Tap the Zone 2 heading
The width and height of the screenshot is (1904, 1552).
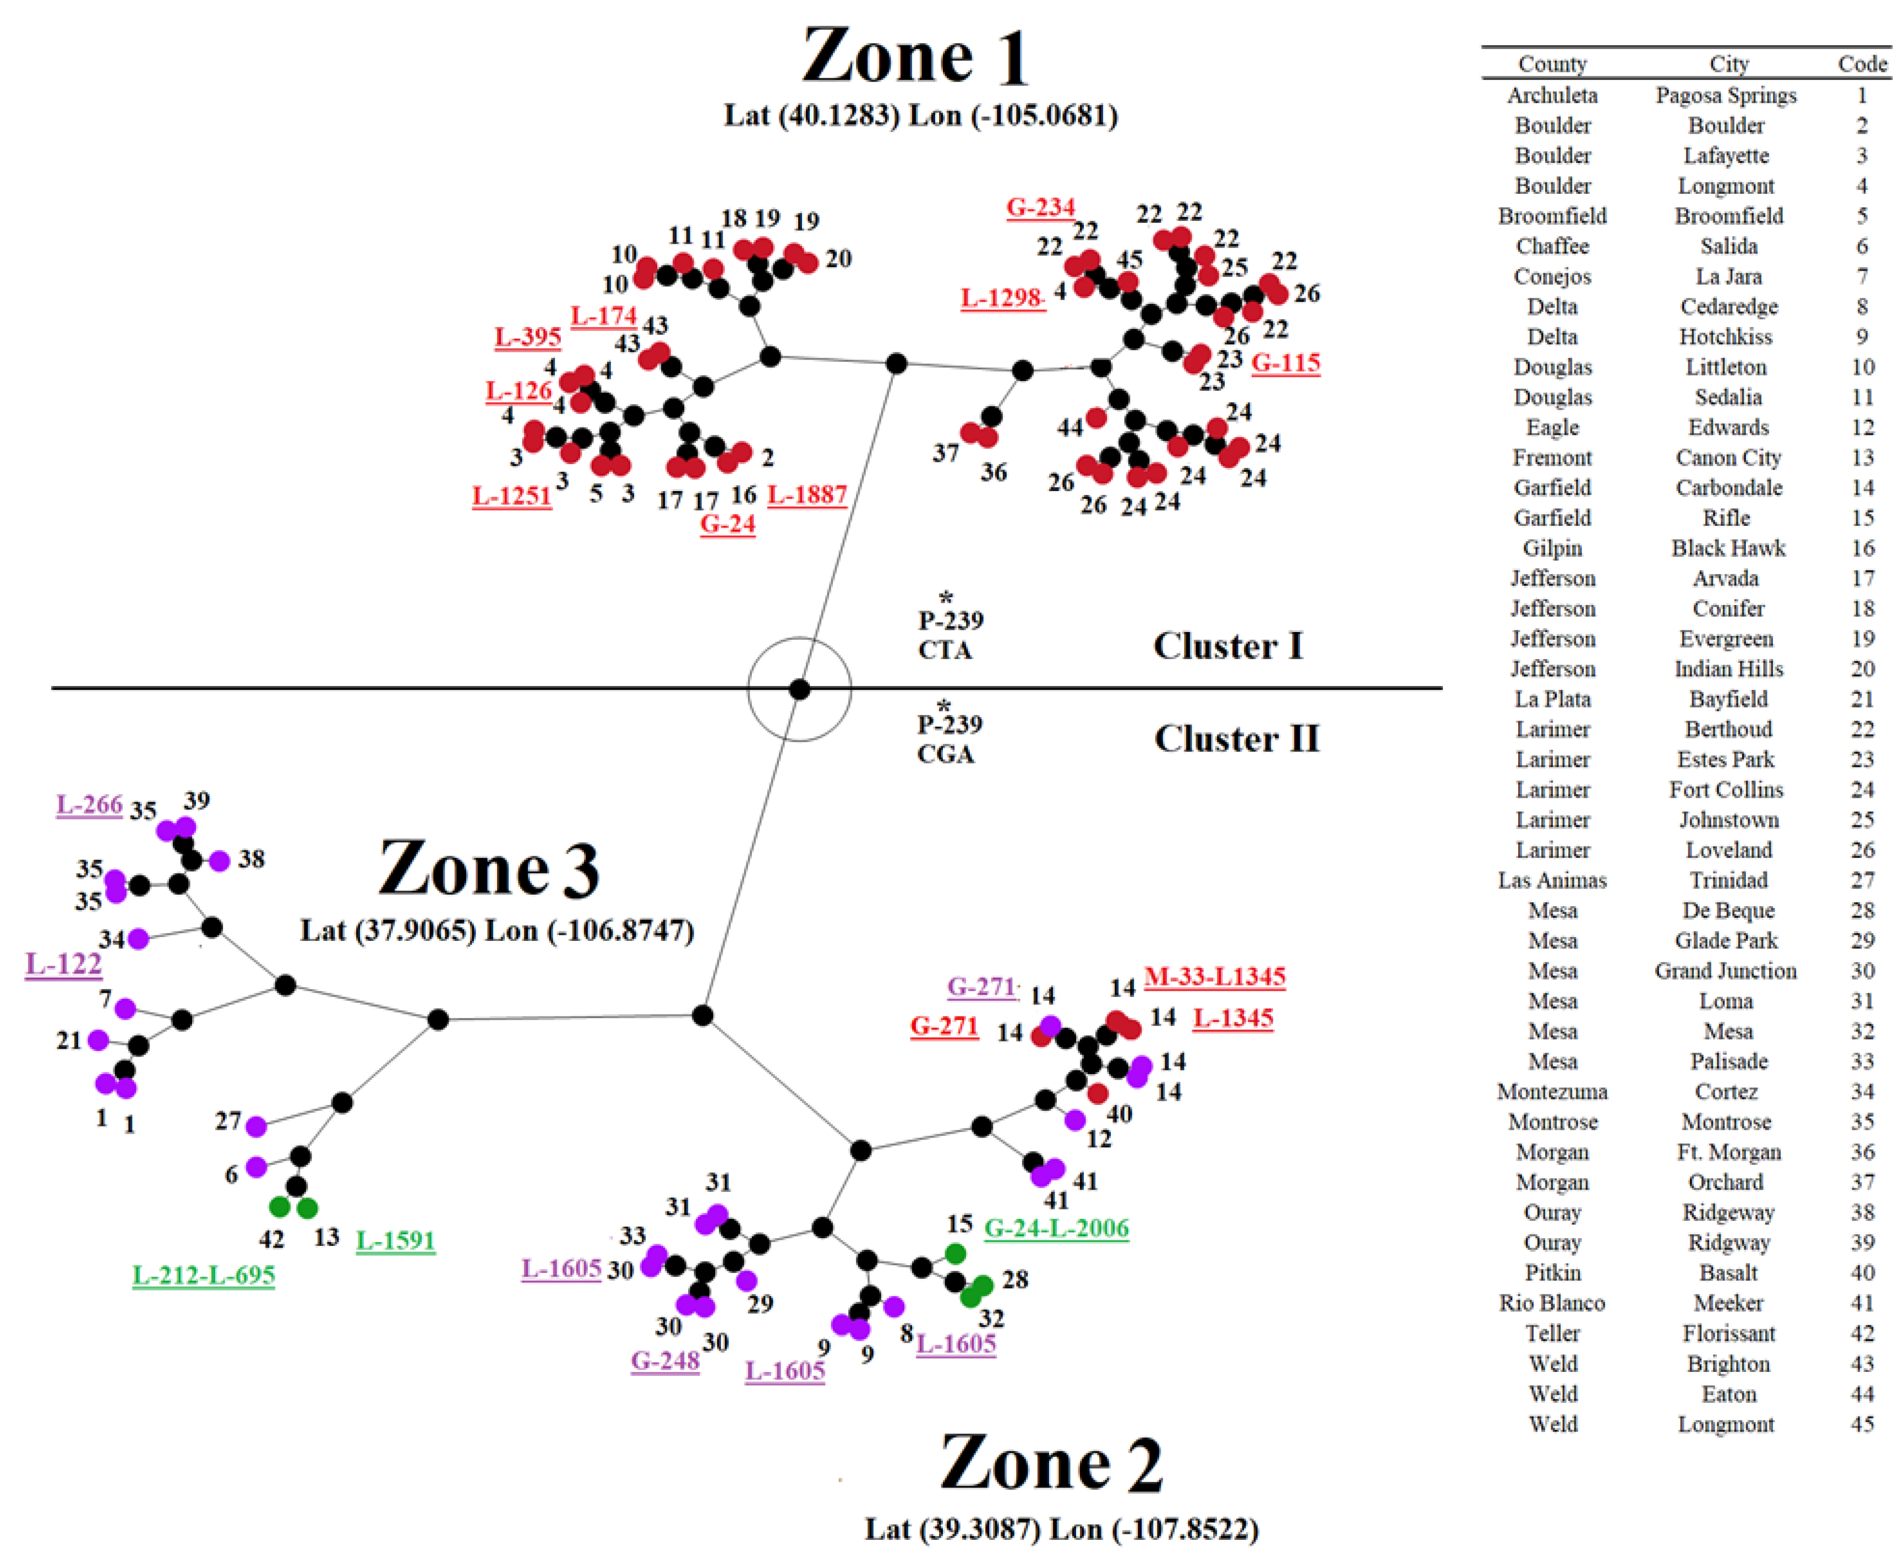pyautogui.click(x=1051, y=1463)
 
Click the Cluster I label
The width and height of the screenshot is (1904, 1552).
pyautogui.click(x=1227, y=645)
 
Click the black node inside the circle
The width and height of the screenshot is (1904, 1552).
pyautogui.click(x=799, y=689)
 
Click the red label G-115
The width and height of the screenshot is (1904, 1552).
pyautogui.click(x=1285, y=363)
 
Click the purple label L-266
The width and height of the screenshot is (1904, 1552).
pyautogui.click(x=89, y=804)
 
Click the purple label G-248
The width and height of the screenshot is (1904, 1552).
pyautogui.click(x=664, y=1360)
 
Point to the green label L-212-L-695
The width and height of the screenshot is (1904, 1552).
pyautogui.click(x=204, y=1275)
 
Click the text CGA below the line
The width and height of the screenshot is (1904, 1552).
pyautogui.click(x=945, y=755)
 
